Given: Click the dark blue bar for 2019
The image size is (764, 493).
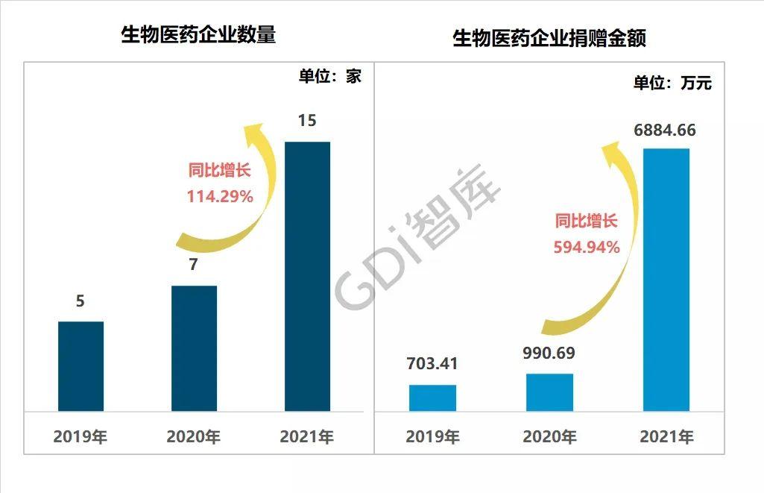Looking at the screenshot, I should tap(80, 366).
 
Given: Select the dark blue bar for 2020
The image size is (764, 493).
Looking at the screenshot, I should tap(194, 348).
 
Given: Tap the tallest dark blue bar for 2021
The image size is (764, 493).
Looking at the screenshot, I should tap(307, 276).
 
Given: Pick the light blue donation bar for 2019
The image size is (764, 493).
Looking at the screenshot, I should tap(432, 398).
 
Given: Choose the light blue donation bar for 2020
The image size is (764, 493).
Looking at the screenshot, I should tap(549, 392).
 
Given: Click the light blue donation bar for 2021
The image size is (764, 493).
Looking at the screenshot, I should tap(666, 280).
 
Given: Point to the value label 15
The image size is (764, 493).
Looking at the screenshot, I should tap(307, 120).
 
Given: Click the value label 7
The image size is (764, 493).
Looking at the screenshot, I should tap(193, 265).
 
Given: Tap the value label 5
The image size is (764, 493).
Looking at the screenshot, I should tap(80, 301).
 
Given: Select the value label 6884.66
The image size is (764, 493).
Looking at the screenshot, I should tap(665, 131).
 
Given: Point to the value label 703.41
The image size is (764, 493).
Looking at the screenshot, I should tap(432, 364).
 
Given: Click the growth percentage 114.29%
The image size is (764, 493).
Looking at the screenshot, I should tap(220, 197).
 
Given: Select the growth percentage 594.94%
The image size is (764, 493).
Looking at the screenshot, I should tap(587, 247).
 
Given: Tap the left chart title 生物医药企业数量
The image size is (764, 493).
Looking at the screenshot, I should tap(198, 35).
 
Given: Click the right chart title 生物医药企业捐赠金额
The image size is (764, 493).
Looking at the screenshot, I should tap(549, 39).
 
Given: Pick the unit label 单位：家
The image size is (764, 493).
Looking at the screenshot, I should tap(329, 75).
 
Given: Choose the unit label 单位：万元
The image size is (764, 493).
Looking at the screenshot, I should tap(672, 83).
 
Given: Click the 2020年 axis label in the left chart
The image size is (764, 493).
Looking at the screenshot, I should tap(194, 436).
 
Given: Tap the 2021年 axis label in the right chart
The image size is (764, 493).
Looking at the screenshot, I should tap(666, 436).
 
